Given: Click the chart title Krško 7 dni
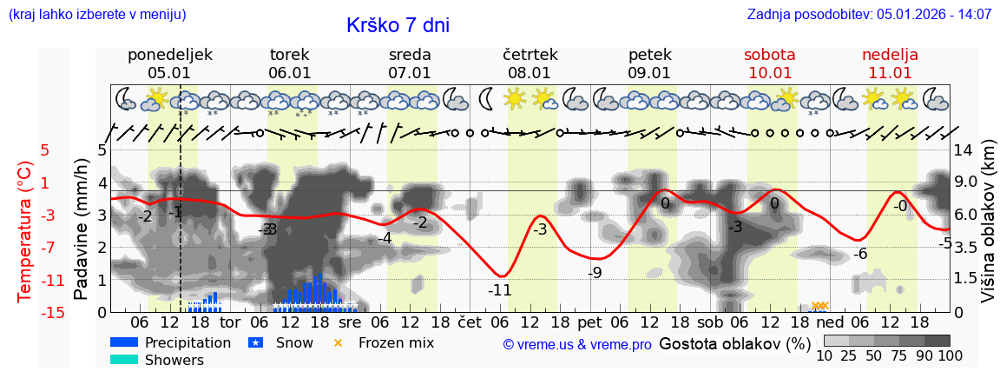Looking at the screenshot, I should [x=398, y=25].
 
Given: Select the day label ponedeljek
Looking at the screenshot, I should [x=169, y=55].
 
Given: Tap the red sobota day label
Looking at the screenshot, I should [x=769, y=55].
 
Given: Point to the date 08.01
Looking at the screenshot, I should [x=530, y=73].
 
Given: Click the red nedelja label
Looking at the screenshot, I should [x=890, y=55].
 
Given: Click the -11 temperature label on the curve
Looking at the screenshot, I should [x=499, y=290].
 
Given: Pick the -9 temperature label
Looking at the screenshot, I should [x=595, y=273].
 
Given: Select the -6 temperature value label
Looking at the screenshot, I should [x=860, y=254].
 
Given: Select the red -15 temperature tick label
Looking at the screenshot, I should [x=52, y=313].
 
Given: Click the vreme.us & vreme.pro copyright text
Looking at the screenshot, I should [x=577, y=345].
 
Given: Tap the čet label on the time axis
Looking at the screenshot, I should [x=470, y=321].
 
